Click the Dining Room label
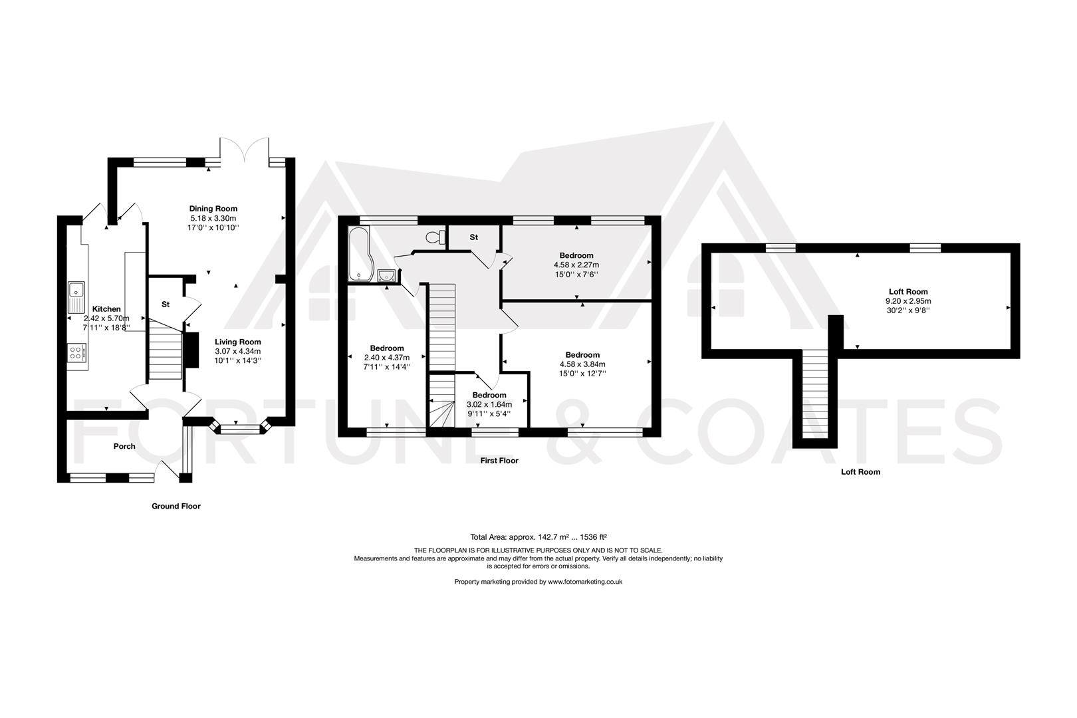point(213,209)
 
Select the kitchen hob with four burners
point(76,352)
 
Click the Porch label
point(124,446)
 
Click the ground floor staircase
point(164,349)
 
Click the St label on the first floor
point(474,237)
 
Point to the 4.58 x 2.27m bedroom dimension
point(576,265)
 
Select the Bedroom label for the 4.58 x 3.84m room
point(582,355)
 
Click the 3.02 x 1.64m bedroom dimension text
point(489,404)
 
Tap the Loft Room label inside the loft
point(907,291)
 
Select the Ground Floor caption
point(176,506)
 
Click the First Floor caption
point(499,460)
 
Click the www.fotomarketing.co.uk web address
point(584,582)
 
